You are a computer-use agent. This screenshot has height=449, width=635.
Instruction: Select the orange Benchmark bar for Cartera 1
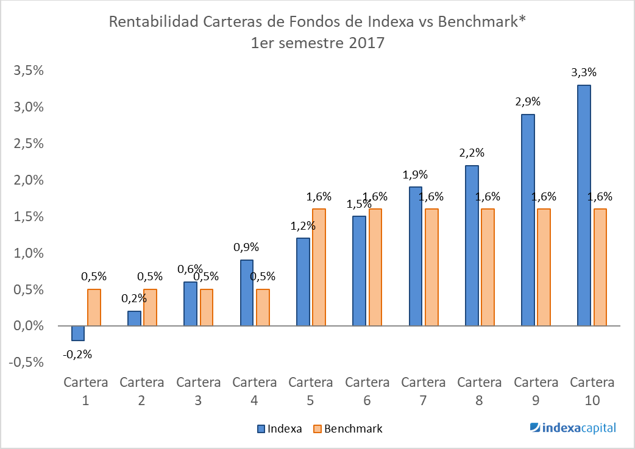tap(94, 308)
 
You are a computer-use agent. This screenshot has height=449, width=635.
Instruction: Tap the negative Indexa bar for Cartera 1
tap(77, 333)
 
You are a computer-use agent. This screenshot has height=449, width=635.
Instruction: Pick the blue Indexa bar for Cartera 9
tap(528, 220)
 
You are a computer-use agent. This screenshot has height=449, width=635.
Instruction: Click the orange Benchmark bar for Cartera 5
tap(319, 267)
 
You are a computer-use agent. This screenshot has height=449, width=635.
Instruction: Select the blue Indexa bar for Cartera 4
tap(246, 293)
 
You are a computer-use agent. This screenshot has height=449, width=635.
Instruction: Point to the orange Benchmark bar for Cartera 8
tap(488, 267)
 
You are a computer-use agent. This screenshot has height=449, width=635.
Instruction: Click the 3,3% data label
tap(583, 72)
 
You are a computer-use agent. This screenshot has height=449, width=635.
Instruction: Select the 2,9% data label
tap(527, 102)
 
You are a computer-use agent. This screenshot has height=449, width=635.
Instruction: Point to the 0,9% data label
tap(246, 247)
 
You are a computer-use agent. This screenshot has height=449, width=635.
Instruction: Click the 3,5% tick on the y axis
tap(28, 71)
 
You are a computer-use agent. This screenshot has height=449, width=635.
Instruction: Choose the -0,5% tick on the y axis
tap(26, 362)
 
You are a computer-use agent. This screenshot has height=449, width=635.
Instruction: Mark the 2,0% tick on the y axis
tap(28, 180)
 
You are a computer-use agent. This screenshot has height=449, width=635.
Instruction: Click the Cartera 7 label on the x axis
tap(423, 391)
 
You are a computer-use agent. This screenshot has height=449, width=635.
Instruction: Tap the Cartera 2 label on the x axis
tap(141, 391)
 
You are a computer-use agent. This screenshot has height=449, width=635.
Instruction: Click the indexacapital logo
tap(573, 428)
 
